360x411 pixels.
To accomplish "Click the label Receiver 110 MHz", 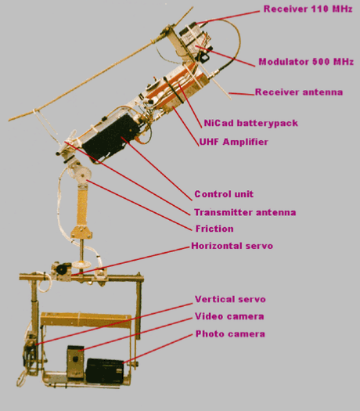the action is tap(308, 9).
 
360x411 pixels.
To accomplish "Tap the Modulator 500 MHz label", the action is tap(306, 62).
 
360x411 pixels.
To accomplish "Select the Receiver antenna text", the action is tap(299, 92).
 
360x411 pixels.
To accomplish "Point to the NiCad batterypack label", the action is tap(250, 123).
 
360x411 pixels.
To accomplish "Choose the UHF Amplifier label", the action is tap(234, 142).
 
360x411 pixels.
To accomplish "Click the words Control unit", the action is tap(224, 194).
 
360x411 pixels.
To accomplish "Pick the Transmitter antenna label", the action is tap(245, 212).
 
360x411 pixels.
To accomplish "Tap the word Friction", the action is tap(214, 229).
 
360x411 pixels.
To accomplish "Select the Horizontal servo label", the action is tap(232, 246).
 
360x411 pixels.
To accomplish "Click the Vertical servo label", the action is tap(230, 299).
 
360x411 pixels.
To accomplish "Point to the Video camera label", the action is tap(229, 316).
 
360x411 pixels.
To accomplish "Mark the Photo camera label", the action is tap(230, 334).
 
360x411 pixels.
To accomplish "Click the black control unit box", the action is tap(111, 138).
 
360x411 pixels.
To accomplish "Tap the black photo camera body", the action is tap(105, 371).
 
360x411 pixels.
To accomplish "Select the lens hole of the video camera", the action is tap(75, 359).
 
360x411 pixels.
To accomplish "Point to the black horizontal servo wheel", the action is tap(62, 269).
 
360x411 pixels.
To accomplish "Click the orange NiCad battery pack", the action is tap(175, 88).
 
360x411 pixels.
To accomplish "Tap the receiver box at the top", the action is tap(195, 38).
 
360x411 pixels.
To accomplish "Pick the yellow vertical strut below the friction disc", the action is tap(82, 207).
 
